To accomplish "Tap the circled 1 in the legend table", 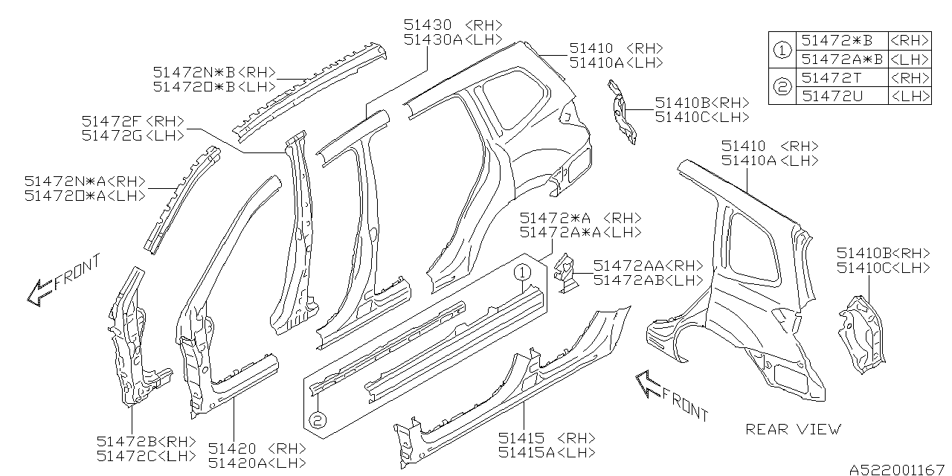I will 782,50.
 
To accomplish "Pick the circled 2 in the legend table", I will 782,87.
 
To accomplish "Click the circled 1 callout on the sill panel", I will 523,273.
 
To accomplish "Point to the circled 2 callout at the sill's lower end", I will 318,421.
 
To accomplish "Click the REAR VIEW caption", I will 794,429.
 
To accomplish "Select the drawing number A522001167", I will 896,469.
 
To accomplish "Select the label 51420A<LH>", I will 257,463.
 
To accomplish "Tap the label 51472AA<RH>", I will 648,266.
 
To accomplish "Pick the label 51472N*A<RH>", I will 84,181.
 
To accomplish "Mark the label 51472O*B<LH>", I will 215,86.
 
